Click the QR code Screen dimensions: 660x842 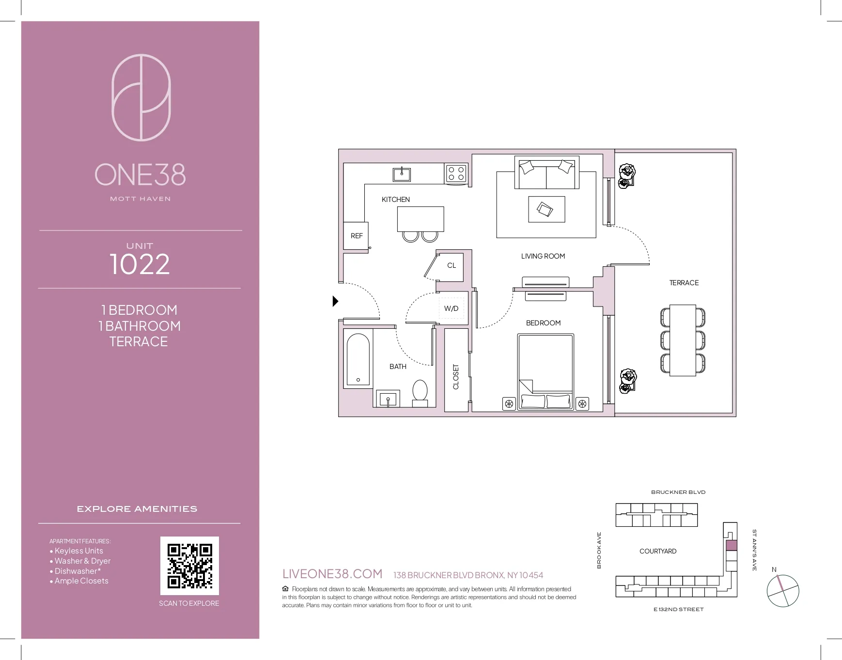pos(189,566)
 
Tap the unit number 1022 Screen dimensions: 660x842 pos(140,264)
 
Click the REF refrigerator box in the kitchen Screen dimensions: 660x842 pos(356,236)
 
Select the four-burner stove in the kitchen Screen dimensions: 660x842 pos(456,174)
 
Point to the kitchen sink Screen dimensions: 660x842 pos(402,174)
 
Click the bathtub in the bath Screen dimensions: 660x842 pos(359,359)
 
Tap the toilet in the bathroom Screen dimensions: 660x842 pos(420,391)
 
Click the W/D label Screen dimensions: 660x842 pos(451,308)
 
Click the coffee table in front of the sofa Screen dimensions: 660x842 pos(546,209)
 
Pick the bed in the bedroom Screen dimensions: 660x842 pos(546,371)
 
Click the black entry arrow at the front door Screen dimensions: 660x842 pos(335,301)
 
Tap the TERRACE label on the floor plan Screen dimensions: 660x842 pos(684,283)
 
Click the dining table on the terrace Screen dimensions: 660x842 pos(683,340)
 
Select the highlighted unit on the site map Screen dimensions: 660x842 pos(731,545)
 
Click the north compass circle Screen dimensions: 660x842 pos(782,591)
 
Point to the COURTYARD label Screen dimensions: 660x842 pos(657,551)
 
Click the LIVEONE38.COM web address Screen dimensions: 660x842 pos(332,574)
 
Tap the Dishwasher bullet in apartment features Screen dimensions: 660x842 pos(78,571)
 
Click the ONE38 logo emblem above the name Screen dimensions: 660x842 pos(141,97)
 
